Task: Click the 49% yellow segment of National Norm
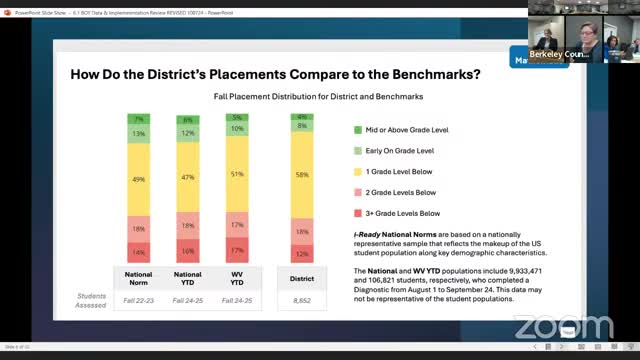tap(138, 179)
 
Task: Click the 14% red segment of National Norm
tap(138, 252)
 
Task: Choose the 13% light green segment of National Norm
tap(138, 134)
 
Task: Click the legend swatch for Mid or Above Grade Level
tap(358, 130)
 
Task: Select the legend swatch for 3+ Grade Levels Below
tap(358, 212)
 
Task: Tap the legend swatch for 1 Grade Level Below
tap(358, 171)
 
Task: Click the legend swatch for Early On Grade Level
tap(358, 151)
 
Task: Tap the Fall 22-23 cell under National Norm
tap(138, 297)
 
